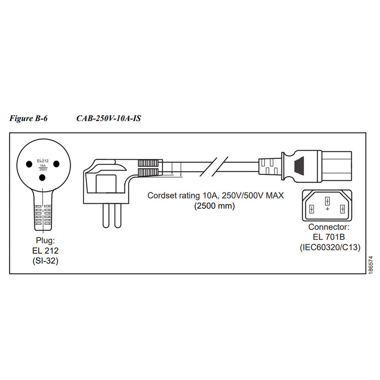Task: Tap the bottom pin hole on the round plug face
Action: tap(43, 178)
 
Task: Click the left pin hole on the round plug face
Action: tap(29, 163)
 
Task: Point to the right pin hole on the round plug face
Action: tap(56, 163)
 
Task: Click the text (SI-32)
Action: tap(45, 259)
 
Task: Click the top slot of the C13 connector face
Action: tap(327, 200)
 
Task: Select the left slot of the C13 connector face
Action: tap(312, 209)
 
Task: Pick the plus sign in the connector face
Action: tap(327, 209)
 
